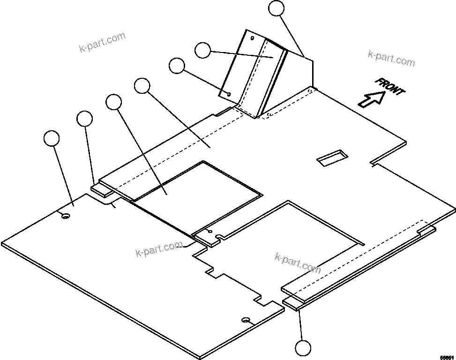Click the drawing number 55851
[x=447, y=356]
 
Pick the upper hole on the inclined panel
[x=252, y=38]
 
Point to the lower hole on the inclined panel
[x=228, y=94]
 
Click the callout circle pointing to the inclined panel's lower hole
[x=177, y=66]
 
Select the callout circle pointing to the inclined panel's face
[x=202, y=50]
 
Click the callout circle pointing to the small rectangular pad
[x=84, y=119]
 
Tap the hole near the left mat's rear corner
[x=65, y=215]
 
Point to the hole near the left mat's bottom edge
[x=246, y=320]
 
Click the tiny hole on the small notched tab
[x=209, y=232]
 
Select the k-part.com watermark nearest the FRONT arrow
[x=391, y=59]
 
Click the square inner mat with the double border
[x=197, y=197]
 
